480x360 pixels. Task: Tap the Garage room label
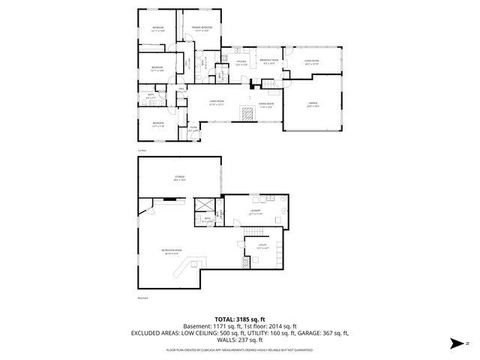[x=313, y=104]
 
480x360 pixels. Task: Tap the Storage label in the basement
[x=179, y=177]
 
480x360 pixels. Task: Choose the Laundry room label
[x=256, y=212]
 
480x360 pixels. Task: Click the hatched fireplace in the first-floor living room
[x=246, y=113]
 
